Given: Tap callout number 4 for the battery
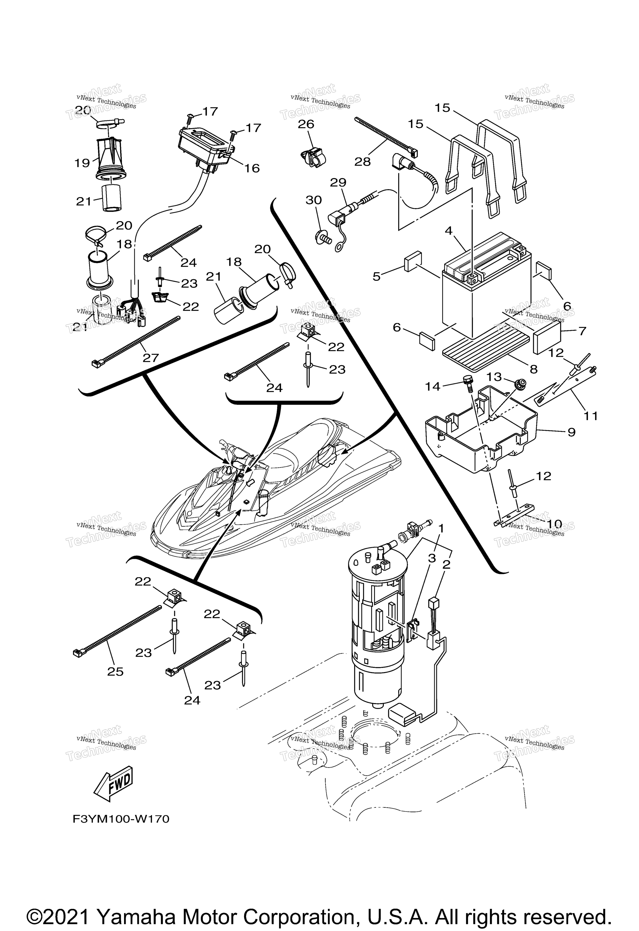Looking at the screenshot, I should [x=449, y=231].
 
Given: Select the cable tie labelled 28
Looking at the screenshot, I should [x=385, y=136].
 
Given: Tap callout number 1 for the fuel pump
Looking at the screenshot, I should [x=441, y=529].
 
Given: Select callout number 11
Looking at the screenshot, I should [x=591, y=416].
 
